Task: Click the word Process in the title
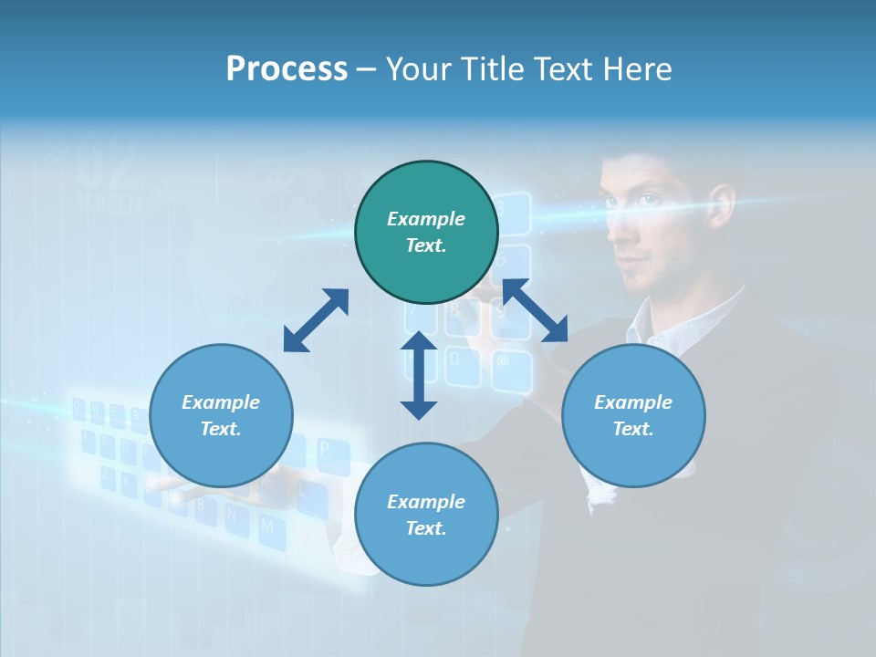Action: tap(287, 69)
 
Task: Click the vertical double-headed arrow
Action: tap(419, 375)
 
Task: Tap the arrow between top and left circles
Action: tap(316, 320)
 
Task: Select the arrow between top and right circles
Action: tap(535, 310)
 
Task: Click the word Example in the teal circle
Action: tap(426, 219)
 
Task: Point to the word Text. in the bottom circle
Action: tap(426, 528)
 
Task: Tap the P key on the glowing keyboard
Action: tap(324, 449)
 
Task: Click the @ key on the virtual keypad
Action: tap(503, 360)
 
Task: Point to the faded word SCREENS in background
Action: tap(109, 203)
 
